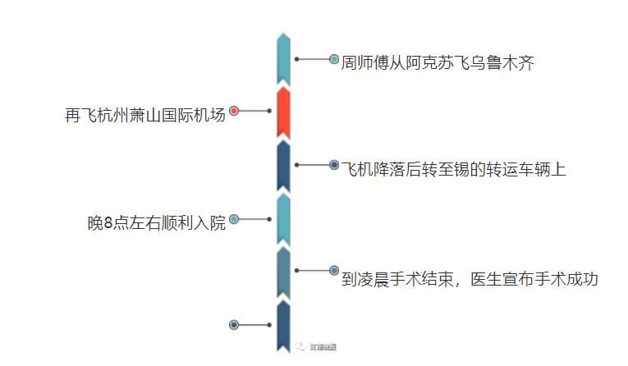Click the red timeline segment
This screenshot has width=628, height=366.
[283, 112]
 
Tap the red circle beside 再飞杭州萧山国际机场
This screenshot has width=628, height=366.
[234, 111]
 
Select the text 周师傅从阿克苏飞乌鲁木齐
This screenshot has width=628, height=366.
[438, 63]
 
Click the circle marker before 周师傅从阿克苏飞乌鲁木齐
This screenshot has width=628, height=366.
[334, 59]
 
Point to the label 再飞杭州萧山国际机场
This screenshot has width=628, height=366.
[144, 115]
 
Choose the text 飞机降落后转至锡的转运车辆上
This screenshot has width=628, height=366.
[454, 170]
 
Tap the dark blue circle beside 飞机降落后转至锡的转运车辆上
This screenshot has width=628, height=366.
[334, 165]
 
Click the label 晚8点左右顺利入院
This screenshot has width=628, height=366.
[156, 223]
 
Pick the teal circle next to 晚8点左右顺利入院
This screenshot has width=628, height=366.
[234, 219]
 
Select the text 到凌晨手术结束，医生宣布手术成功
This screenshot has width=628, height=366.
[470, 279]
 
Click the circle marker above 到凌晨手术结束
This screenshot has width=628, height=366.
[334, 270]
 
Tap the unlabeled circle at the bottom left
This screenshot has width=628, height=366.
[234, 325]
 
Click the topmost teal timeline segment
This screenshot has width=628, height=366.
[283, 59]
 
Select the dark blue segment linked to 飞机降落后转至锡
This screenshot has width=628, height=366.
[283, 165]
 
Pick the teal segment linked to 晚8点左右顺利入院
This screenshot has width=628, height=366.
[283, 219]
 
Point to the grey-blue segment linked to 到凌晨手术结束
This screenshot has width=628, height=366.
[283, 272]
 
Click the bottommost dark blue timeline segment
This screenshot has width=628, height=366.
[283, 326]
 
